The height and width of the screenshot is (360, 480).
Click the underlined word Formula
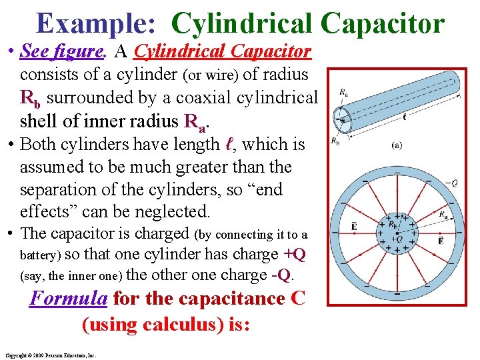tap(69, 298)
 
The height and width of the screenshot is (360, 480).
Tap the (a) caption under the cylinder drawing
tap(396, 145)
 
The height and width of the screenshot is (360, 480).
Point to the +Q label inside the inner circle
tap(398, 238)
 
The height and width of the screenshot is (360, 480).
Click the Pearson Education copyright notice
tap(50, 355)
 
